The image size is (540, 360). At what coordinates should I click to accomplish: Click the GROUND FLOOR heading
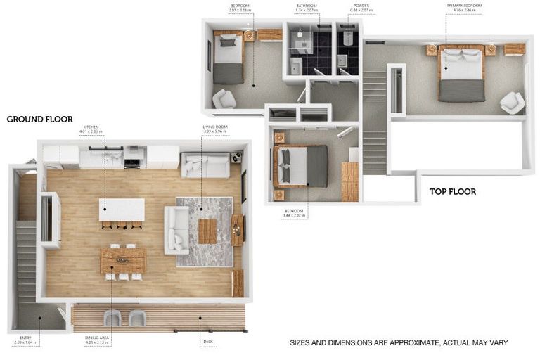pos(39,119)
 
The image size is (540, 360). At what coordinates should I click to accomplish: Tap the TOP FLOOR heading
pos(453,191)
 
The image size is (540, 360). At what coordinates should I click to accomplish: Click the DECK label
pos(207,343)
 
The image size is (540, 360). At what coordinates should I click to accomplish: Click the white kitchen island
pos(122,210)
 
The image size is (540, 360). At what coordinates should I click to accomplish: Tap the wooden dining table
pos(123,259)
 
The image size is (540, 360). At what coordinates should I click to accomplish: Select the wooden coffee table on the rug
pos(207,231)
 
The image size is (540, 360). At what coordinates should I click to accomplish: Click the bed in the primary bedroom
pos(462,73)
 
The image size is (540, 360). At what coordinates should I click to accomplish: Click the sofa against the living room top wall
pos(205,165)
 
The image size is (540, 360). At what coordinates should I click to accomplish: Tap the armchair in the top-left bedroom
pos(224,98)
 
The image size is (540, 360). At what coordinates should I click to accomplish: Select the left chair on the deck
pos(112,318)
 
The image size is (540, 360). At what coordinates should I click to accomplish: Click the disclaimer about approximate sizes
pos(399,343)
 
